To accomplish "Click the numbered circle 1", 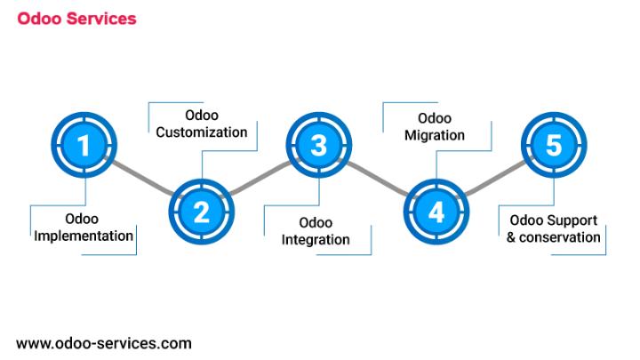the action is click(x=84, y=145).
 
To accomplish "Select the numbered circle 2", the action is click(x=202, y=212).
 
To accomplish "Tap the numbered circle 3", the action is click(x=319, y=145).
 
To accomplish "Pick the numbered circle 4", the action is click(x=436, y=212).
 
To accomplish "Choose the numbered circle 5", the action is click(x=554, y=145).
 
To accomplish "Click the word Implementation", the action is click(x=84, y=236).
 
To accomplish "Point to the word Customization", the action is click(x=202, y=132).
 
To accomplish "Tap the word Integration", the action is click(x=316, y=240).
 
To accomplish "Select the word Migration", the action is click(x=435, y=135).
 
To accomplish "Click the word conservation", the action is click(x=560, y=237).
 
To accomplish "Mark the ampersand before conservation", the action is click(x=511, y=237).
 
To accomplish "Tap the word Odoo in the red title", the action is click(x=39, y=19).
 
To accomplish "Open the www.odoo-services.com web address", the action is click(x=104, y=343).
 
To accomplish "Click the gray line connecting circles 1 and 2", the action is click(x=143, y=179).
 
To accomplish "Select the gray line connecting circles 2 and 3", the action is click(x=260, y=179).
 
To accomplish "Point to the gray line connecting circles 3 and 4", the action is click(x=378, y=179).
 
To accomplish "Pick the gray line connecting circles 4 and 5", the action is click(x=495, y=179).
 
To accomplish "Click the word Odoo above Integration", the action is click(x=316, y=223).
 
